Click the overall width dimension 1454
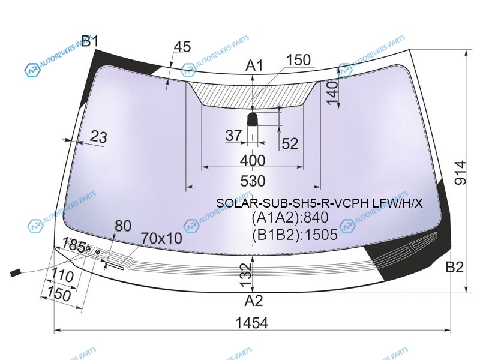[x=252, y=323]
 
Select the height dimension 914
[x=460, y=173]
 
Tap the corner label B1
[x=90, y=41]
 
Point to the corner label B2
[x=455, y=267]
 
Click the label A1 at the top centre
[x=254, y=65]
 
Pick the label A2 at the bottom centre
[x=254, y=301]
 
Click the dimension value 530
[x=253, y=181]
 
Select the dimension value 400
[x=253, y=161]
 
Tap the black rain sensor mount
[x=252, y=119]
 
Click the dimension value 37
[x=233, y=136]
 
